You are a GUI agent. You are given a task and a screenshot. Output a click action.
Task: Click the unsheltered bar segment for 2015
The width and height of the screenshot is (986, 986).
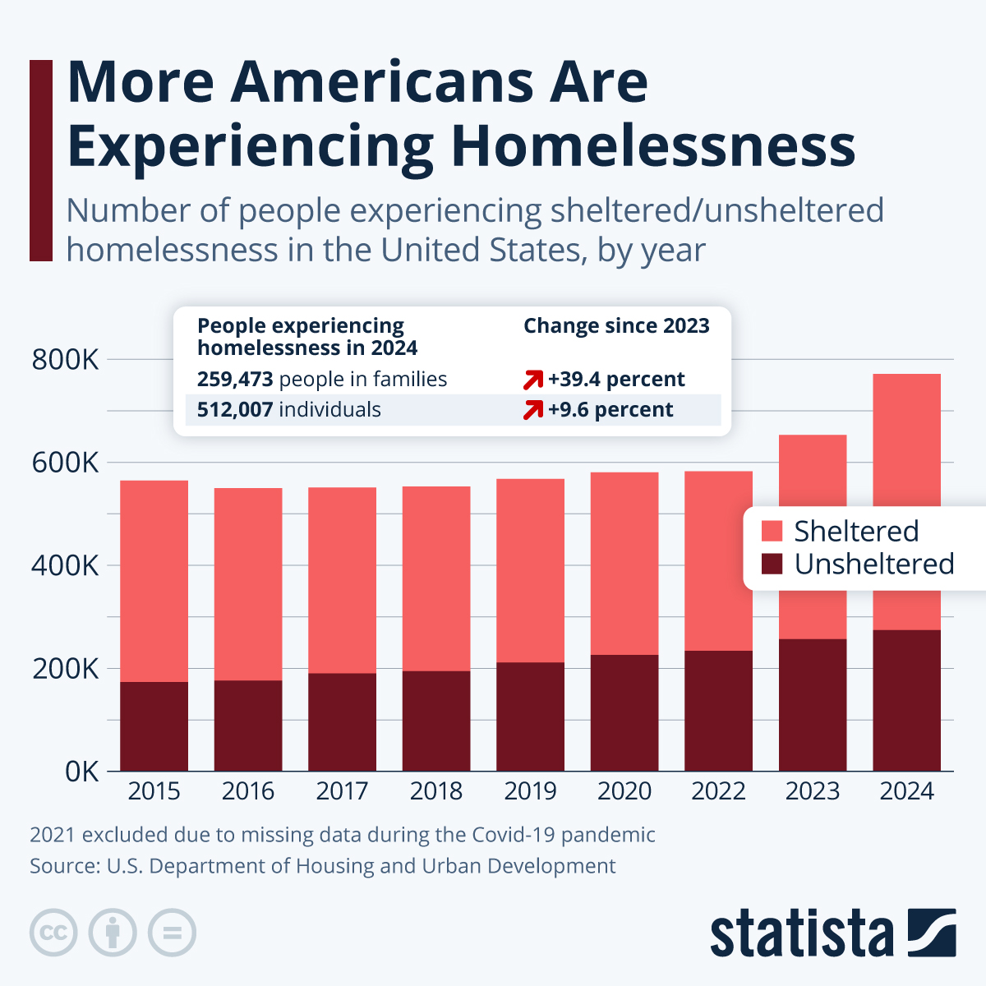pyautogui.click(x=154, y=726)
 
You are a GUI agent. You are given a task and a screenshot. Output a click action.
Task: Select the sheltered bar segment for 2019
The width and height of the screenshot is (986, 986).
pyautogui.click(x=530, y=570)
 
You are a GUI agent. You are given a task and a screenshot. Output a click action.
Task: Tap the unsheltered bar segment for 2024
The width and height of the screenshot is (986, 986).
pyautogui.click(x=906, y=700)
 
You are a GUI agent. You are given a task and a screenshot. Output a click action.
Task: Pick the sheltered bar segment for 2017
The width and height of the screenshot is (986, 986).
pyautogui.click(x=342, y=580)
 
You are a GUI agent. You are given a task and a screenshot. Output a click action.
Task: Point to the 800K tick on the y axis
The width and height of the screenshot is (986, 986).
pyautogui.click(x=65, y=360)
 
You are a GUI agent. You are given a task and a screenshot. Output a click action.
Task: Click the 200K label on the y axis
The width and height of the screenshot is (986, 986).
pyautogui.click(x=65, y=669)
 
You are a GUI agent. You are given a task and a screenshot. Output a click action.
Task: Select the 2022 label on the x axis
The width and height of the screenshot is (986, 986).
pyautogui.click(x=718, y=791)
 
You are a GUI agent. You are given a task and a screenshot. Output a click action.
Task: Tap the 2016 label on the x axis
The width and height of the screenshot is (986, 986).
pyautogui.click(x=247, y=791)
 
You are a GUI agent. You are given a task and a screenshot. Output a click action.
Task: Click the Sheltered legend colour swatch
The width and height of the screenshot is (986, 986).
pyautogui.click(x=772, y=532)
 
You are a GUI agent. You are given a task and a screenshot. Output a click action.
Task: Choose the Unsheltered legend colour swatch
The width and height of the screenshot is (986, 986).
pyautogui.click(x=772, y=564)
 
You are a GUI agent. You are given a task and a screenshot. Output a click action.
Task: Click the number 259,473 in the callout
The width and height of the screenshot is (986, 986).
pyautogui.click(x=234, y=380)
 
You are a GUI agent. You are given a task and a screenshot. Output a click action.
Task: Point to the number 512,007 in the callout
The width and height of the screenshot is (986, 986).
pyautogui.click(x=234, y=410)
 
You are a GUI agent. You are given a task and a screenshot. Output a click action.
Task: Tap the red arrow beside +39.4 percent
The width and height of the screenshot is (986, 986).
pyautogui.click(x=533, y=380)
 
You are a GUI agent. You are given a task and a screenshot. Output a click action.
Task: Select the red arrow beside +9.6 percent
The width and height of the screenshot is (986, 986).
pyautogui.click(x=533, y=410)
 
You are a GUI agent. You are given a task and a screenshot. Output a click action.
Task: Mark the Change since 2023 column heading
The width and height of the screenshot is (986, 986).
pyautogui.click(x=616, y=326)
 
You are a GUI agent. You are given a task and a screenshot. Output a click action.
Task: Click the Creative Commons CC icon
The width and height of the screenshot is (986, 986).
pyautogui.click(x=53, y=933)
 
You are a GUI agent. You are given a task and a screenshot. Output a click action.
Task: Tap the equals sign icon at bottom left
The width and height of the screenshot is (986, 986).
pyautogui.click(x=172, y=933)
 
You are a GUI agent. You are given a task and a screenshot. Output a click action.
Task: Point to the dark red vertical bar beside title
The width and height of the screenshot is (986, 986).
pyautogui.click(x=41, y=160)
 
